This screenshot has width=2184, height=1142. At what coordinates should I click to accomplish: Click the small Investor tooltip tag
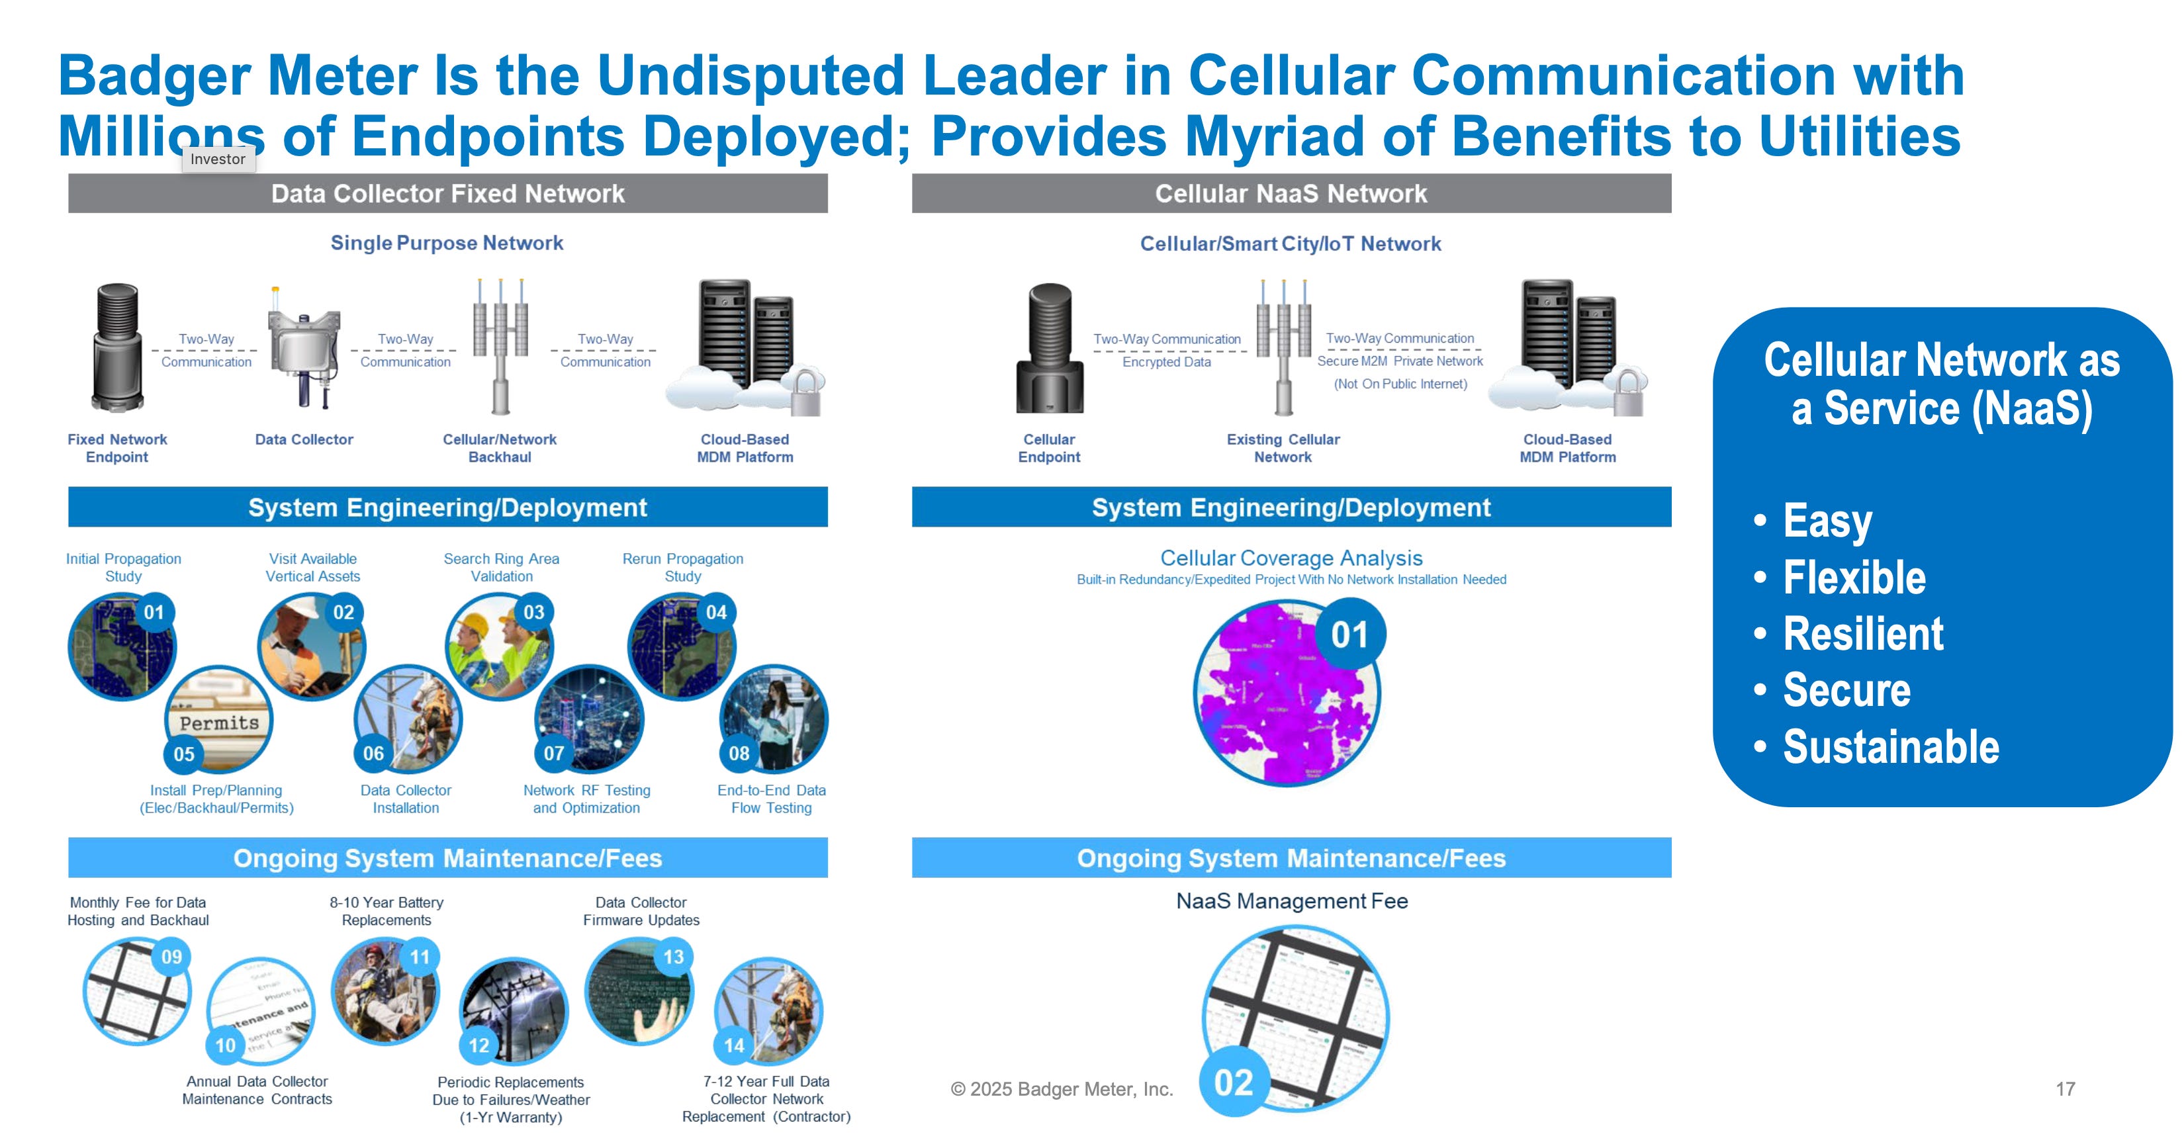click(218, 159)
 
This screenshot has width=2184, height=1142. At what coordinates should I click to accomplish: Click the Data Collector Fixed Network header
click(447, 194)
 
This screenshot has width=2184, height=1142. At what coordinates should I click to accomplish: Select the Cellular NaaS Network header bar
click(1291, 194)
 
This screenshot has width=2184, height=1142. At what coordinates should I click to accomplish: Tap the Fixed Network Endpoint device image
click(117, 347)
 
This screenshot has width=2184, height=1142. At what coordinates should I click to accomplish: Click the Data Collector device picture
click(304, 347)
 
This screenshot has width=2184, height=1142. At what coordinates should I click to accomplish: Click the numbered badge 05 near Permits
click(184, 754)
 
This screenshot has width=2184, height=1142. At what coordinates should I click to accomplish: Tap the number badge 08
click(739, 753)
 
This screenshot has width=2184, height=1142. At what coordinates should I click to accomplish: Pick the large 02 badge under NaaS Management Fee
click(1233, 1082)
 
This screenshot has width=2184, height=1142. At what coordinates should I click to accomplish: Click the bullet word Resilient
click(1862, 634)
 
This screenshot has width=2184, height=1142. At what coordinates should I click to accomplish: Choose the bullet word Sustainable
click(1891, 747)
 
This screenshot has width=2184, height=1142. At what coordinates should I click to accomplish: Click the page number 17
click(2066, 1088)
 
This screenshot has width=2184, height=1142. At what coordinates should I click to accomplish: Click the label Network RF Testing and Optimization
click(586, 799)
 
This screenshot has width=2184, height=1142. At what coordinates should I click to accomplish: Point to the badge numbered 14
click(734, 1045)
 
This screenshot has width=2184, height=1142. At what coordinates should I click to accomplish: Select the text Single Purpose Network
click(447, 243)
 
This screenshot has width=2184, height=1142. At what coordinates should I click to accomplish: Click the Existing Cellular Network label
click(1283, 448)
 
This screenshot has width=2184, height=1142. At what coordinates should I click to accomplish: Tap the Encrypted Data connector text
click(1167, 362)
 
